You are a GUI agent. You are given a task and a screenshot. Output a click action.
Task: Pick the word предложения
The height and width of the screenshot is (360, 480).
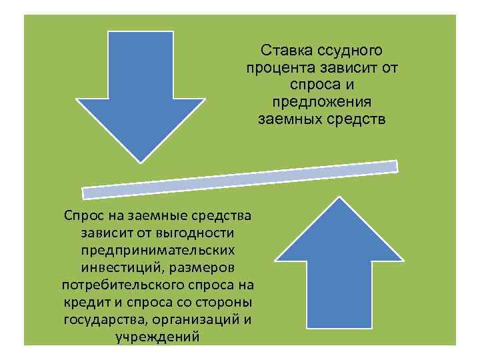pos(321,103)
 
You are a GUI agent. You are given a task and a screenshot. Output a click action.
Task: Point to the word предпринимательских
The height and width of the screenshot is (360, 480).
pos(158,251)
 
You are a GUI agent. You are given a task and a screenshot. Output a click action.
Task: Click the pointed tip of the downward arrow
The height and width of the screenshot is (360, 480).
pos(140,160)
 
